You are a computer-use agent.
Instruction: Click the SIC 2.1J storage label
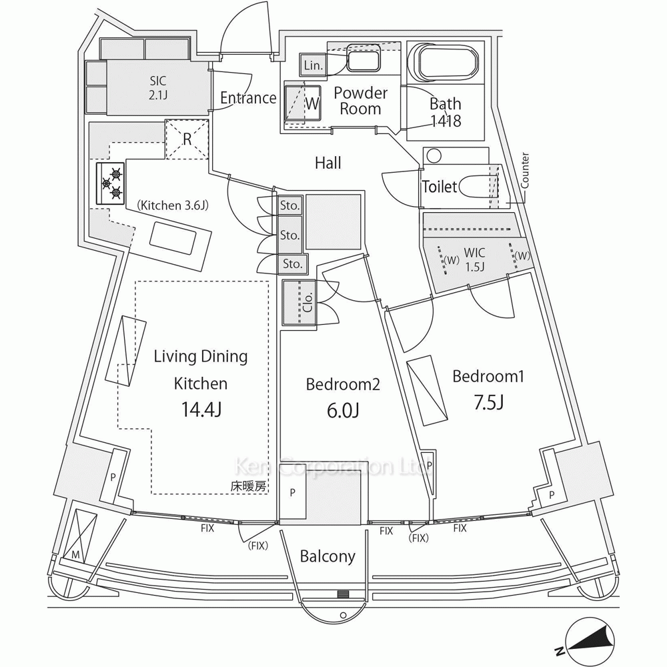[x=158, y=87]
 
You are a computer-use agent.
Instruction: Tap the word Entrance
[x=248, y=98]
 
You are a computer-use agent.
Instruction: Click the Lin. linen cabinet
[x=313, y=65]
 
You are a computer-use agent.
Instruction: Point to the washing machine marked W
[x=302, y=104]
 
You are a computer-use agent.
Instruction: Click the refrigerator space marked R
[x=187, y=139]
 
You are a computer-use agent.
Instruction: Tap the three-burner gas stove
[x=110, y=183]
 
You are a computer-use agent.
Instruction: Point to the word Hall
[x=328, y=163]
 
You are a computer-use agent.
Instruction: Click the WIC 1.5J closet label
[x=474, y=259]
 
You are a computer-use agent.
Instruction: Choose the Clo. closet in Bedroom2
[x=300, y=303]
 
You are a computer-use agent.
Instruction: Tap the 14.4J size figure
[x=201, y=410]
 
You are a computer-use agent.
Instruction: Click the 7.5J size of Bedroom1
[x=489, y=402]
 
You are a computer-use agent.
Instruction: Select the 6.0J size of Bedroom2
[x=343, y=410]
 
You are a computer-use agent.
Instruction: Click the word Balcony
[x=327, y=556]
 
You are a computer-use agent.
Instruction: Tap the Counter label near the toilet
[x=525, y=171]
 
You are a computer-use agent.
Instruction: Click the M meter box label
[x=76, y=555]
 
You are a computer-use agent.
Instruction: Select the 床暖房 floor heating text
[x=248, y=486]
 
